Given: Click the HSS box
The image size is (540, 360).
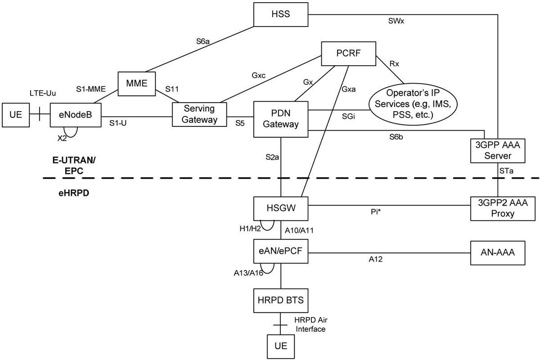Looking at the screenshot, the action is pyautogui.click(x=281, y=14).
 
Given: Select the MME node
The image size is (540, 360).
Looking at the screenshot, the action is pyautogui.click(x=137, y=84).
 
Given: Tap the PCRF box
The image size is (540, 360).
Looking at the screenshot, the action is pyautogui.click(x=348, y=54).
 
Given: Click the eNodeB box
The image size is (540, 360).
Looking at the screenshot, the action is pyautogui.click(x=76, y=115).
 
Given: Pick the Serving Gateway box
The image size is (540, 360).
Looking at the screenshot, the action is pyautogui.click(x=199, y=114).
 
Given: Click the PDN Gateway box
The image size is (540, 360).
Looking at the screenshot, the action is pyautogui.click(x=281, y=119).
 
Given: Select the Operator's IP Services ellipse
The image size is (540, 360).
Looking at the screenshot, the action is pyautogui.click(x=413, y=104).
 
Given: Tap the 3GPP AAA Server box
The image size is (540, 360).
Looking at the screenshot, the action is pyautogui.click(x=498, y=150).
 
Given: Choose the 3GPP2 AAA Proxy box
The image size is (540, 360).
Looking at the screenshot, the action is pyautogui.click(x=503, y=208).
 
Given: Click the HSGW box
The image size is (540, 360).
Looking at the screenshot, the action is pyautogui.click(x=281, y=208).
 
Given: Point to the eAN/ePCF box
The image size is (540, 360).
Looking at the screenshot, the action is pyautogui.click(x=281, y=251).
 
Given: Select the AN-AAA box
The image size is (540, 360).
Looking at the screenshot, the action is pyautogui.click(x=498, y=253).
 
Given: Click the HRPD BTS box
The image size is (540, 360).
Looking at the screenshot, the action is pyautogui.click(x=281, y=301).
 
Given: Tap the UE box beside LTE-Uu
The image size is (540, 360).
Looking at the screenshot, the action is pyautogui.click(x=16, y=115).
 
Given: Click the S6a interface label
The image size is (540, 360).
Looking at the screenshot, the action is pyautogui.click(x=203, y=41).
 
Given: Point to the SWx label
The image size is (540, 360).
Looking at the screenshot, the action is pyautogui.click(x=396, y=21).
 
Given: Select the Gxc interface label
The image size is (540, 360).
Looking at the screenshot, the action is pyautogui.click(x=258, y=76).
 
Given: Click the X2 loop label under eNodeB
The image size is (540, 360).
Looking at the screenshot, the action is pyautogui.click(x=62, y=138).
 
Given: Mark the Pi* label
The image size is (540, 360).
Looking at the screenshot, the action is pyautogui.click(x=376, y=211).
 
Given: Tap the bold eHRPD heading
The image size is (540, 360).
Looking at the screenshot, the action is pyautogui.click(x=74, y=193).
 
